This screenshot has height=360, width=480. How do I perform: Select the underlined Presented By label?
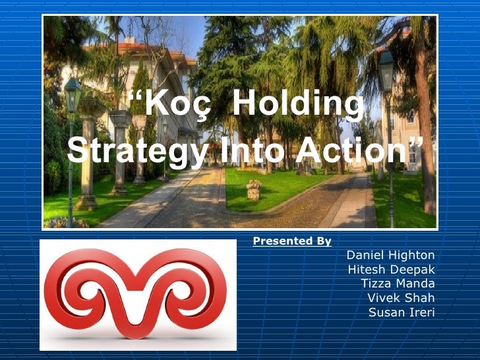coord(292,241)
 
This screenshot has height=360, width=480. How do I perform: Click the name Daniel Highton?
coord(390,255)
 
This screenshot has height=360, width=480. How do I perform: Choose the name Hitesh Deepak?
coord(391,270)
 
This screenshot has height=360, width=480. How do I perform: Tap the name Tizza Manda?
coord(398,284)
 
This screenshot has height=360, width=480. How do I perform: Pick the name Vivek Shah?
coord(401,298)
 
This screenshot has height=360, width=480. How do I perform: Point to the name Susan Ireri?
coord(402,312)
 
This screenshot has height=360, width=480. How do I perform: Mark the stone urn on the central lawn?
coord(254,189)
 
